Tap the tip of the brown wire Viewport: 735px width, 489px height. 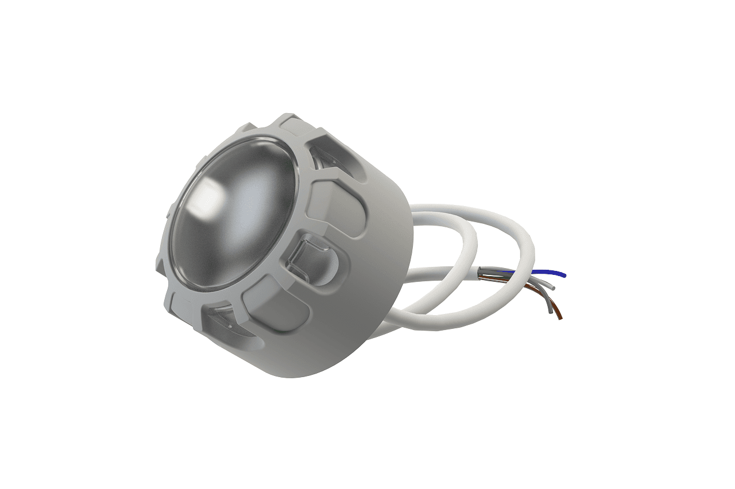pos(560,319)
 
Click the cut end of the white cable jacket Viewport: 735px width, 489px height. pos(479,272)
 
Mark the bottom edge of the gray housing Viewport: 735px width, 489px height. pos(299,376)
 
